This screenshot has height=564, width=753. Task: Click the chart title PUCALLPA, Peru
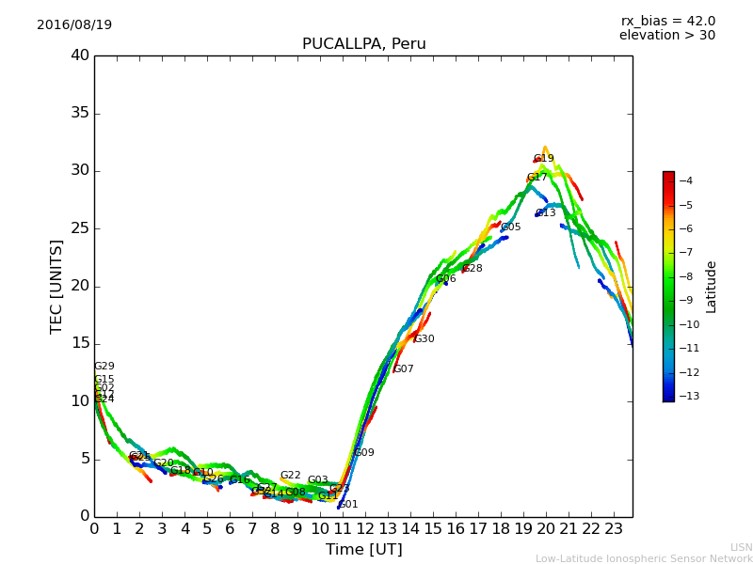tap(363, 44)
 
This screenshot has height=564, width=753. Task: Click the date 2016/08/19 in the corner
tap(74, 24)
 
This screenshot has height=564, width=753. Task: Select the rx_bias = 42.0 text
tap(668, 21)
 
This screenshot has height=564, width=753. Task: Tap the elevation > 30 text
tap(667, 36)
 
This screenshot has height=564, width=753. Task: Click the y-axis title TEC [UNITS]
tap(56, 286)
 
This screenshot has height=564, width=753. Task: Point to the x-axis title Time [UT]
tap(363, 550)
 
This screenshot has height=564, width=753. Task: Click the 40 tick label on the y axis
tap(80, 55)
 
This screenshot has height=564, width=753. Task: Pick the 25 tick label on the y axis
tap(80, 228)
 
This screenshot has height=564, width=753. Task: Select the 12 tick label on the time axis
tap(364, 528)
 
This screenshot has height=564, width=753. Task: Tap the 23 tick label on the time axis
tap(613, 528)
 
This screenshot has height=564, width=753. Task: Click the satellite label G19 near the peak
tap(544, 159)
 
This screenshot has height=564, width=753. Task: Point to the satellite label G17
tap(537, 177)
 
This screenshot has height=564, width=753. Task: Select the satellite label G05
tap(510, 227)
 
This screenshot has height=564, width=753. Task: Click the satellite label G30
tap(425, 339)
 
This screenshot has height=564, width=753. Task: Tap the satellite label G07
tap(404, 369)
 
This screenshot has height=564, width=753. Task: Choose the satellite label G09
tap(364, 453)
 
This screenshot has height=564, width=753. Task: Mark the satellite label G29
tap(104, 367)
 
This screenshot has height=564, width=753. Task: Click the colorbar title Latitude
tap(712, 287)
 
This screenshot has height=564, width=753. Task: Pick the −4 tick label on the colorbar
tap(685, 180)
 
